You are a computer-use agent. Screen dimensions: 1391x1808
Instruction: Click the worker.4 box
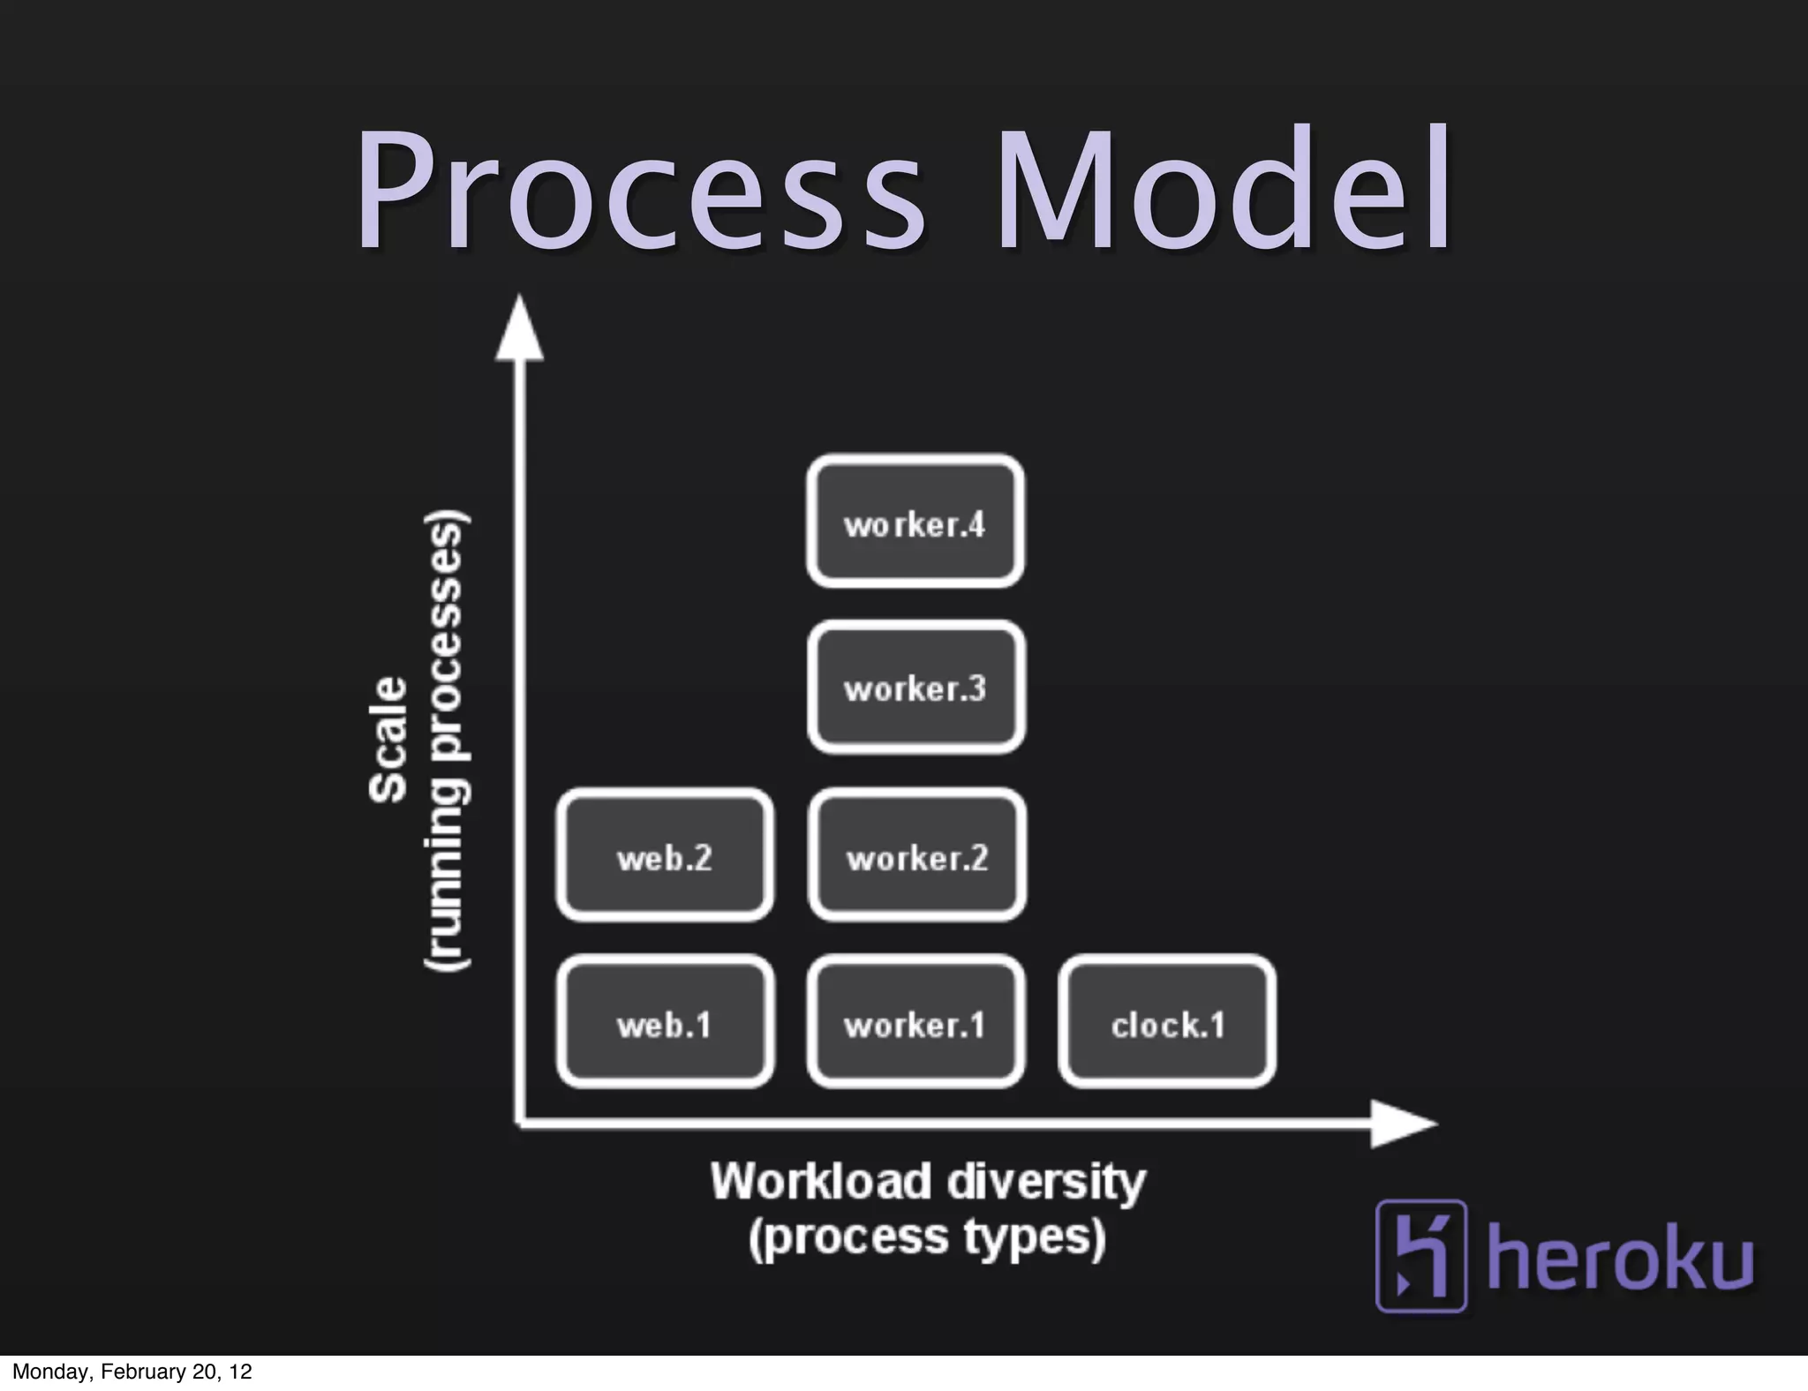(x=915, y=522)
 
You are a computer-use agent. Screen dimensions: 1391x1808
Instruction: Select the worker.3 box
(x=915, y=688)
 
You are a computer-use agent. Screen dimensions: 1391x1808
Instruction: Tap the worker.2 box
(x=916, y=855)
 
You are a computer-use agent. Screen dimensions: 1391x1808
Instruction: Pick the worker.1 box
(x=915, y=1022)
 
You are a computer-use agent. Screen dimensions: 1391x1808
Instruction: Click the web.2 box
(x=665, y=855)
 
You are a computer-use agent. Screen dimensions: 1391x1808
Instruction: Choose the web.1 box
(x=665, y=1022)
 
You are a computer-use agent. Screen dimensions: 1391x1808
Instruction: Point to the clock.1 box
(x=1167, y=1022)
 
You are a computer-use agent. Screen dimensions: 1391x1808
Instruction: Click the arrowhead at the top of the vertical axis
(x=519, y=331)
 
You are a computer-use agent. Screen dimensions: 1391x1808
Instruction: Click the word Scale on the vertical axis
(x=389, y=740)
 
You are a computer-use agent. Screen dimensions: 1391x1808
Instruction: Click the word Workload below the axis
(x=820, y=1181)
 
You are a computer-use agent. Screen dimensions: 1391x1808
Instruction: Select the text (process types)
(x=927, y=1237)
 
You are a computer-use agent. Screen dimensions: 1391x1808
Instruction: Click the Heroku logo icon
(x=1420, y=1255)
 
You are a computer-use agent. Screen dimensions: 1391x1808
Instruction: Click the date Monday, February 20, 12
(x=132, y=1372)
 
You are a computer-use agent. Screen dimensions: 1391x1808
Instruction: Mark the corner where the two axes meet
(x=519, y=1124)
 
